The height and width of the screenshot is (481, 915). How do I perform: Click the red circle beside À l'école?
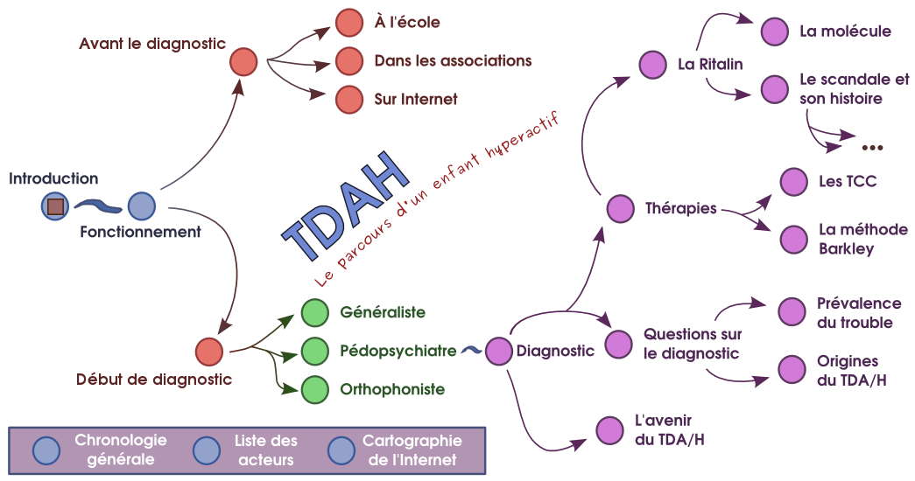coord(349,22)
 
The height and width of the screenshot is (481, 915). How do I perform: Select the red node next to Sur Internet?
coord(349,99)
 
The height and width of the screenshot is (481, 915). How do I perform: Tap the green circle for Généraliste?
coord(314,312)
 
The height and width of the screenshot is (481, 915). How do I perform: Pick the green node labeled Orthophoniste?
coord(314,389)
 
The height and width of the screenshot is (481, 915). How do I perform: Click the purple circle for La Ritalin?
coord(652,64)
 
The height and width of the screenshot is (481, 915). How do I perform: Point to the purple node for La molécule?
coord(774,32)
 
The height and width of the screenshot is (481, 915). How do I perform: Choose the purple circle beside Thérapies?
coord(620,209)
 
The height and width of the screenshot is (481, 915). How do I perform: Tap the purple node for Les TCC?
coord(793,182)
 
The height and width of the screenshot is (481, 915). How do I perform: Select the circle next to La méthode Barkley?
coord(793,239)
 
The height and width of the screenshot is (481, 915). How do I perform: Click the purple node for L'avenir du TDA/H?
coord(609,430)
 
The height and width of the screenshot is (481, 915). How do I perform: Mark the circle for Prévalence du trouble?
coord(792,312)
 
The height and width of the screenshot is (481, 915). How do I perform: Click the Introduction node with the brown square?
coord(54,206)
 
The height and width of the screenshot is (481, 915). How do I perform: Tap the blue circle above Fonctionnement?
coord(141,206)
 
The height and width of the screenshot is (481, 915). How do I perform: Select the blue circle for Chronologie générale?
coord(46,450)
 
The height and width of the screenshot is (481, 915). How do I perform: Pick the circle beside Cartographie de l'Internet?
coord(341,450)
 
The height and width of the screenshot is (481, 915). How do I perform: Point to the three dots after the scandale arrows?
coord(872,146)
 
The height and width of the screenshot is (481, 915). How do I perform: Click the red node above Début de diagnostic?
coord(209,351)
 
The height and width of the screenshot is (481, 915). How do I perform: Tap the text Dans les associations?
coord(453,61)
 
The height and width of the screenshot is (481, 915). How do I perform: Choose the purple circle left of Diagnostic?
coord(498,351)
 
